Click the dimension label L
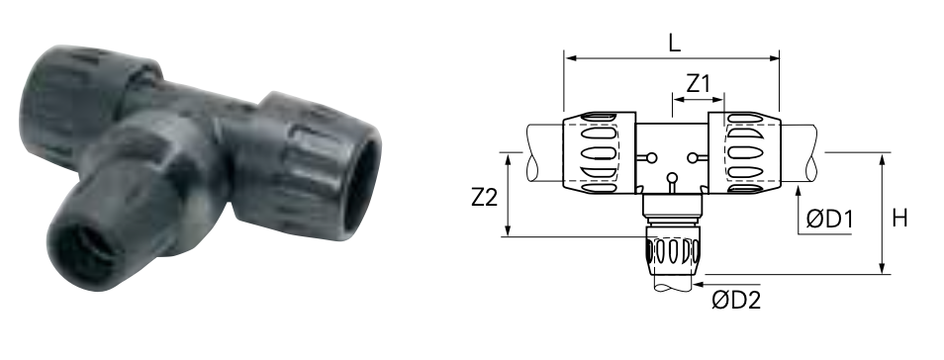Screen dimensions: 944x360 (x=674, y=43)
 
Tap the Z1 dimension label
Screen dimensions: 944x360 (x=699, y=84)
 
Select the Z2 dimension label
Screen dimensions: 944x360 (x=485, y=197)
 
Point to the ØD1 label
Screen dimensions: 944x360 (x=829, y=220)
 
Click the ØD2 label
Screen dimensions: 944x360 (x=736, y=300)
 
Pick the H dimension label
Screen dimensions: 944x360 (x=899, y=218)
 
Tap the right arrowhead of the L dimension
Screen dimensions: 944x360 (x=773, y=58)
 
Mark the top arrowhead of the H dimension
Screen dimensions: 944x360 (x=883, y=159)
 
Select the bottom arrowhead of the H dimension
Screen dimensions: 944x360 (x=883, y=268)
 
